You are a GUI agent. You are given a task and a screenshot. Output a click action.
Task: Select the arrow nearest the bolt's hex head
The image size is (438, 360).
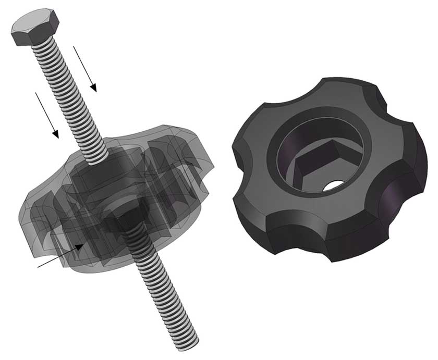[84, 68]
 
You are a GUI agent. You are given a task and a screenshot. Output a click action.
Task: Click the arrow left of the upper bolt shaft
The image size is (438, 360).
[47, 115]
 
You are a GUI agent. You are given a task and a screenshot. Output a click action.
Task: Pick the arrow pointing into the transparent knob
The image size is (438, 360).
[60, 256]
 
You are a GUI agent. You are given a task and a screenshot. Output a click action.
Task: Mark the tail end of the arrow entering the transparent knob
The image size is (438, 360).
[39, 267]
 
